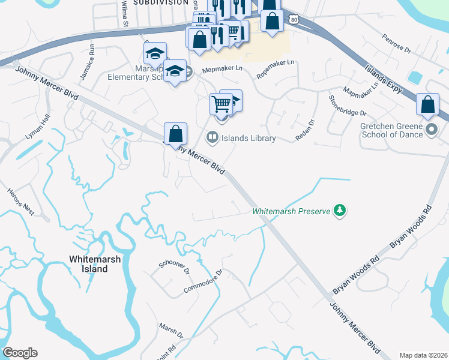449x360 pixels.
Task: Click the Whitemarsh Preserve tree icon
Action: tap(340, 211)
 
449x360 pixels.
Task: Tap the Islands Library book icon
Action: tap(212, 138)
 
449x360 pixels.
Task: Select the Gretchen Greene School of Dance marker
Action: tap(431, 130)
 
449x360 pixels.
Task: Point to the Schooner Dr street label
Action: tap(175, 268)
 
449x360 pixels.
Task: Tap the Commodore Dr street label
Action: tap(203, 283)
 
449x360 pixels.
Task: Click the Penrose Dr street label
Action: tap(396, 44)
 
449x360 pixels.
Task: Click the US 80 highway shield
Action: tap(292, 19)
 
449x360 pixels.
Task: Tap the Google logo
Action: tap(20, 353)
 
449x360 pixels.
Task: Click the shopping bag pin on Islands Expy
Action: tap(427, 104)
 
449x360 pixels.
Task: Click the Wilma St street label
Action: tap(125, 14)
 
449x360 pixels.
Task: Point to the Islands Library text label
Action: tap(249, 139)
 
